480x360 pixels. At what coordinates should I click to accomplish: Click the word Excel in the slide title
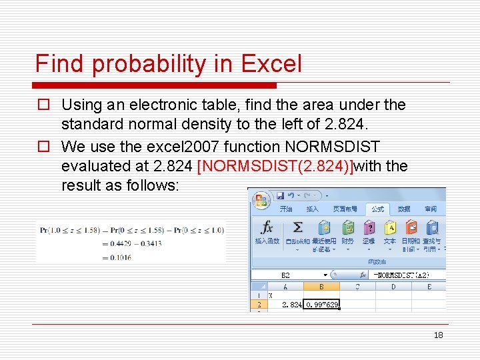[271, 64]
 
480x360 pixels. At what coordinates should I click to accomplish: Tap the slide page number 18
[438, 335]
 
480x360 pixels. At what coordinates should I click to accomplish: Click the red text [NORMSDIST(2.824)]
[276, 166]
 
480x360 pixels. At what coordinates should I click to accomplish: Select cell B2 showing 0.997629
[321, 304]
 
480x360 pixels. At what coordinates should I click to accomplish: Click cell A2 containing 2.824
[285, 304]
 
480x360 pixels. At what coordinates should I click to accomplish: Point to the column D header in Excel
[393, 287]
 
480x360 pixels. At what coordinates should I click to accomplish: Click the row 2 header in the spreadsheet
[257, 304]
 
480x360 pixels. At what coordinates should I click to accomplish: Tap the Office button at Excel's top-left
[261, 200]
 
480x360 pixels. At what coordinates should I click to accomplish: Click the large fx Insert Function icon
[267, 228]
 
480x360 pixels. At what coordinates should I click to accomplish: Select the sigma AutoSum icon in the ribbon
[297, 228]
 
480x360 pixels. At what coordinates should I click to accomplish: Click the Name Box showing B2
[287, 274]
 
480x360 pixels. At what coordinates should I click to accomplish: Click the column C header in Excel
[357, 287]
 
